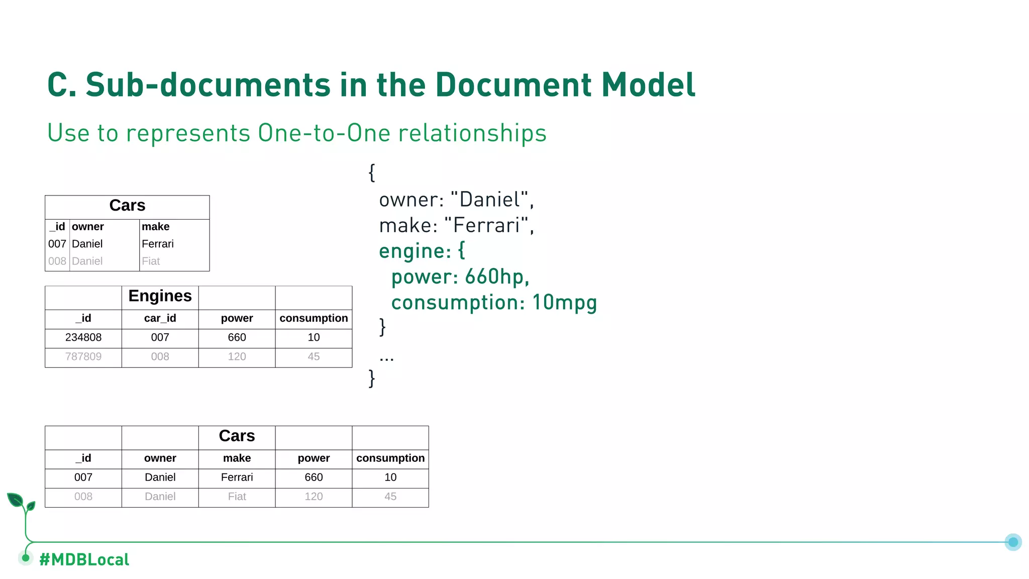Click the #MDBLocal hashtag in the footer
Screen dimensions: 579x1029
tap(84, 559)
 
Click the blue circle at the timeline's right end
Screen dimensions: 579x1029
tap(1013, 542)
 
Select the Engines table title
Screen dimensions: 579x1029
tap(160, 296)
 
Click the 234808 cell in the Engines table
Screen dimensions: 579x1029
tap(83, 337)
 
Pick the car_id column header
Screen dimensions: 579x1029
tap(160, 318)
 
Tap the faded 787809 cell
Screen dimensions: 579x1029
tap(83, 356)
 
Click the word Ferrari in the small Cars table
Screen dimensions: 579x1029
tap(157, 244)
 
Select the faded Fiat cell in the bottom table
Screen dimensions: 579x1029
tap(237, 497)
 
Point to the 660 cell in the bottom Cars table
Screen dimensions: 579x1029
tap(314, 477)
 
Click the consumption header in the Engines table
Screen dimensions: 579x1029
tap(314, 318)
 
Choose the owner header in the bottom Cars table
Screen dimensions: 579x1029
tap(160, 458)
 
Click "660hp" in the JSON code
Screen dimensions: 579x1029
tap(497, 276)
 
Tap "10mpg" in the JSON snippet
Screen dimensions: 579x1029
tap(564, 303)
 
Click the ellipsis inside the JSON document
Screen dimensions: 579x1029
tap(386, 358)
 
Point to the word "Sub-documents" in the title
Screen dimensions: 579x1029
tap(208, 84)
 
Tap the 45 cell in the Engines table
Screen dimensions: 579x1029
tap(314, 356)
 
